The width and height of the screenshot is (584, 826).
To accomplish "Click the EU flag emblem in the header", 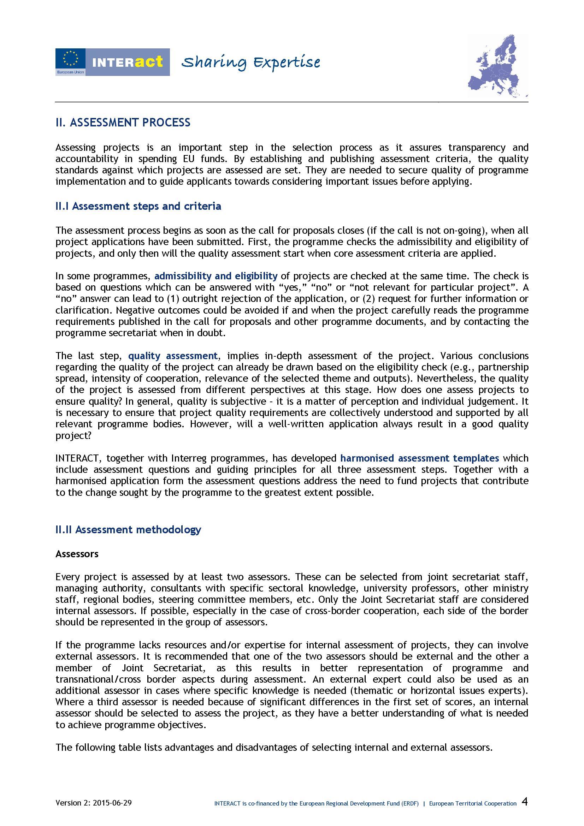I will [70, 58].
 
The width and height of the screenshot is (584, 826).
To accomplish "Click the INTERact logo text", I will [128, 62].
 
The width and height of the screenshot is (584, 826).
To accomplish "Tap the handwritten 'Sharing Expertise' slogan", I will [250, 63].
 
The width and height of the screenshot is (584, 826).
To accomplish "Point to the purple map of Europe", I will [499, 66].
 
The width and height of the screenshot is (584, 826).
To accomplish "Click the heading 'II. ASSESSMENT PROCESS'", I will [123, 123].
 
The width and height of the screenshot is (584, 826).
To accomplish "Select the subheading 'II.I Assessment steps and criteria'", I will [138, 206].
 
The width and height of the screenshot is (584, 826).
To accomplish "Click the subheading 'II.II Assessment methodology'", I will [128, 530].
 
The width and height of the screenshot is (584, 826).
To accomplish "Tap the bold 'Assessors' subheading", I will [77, 554].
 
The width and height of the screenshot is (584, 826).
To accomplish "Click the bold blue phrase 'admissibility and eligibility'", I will [216, 276].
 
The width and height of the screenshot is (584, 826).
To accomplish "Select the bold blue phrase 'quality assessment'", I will [173, 356].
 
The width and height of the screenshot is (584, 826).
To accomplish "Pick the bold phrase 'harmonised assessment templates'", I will [420, 458].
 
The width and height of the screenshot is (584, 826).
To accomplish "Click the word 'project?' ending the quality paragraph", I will [73, 436].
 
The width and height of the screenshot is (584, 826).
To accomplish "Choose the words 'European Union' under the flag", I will [70, 72].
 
